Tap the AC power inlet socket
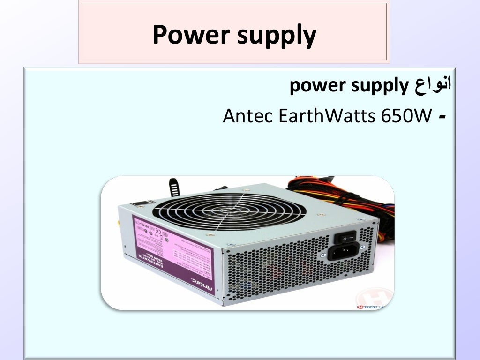[343, 253]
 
